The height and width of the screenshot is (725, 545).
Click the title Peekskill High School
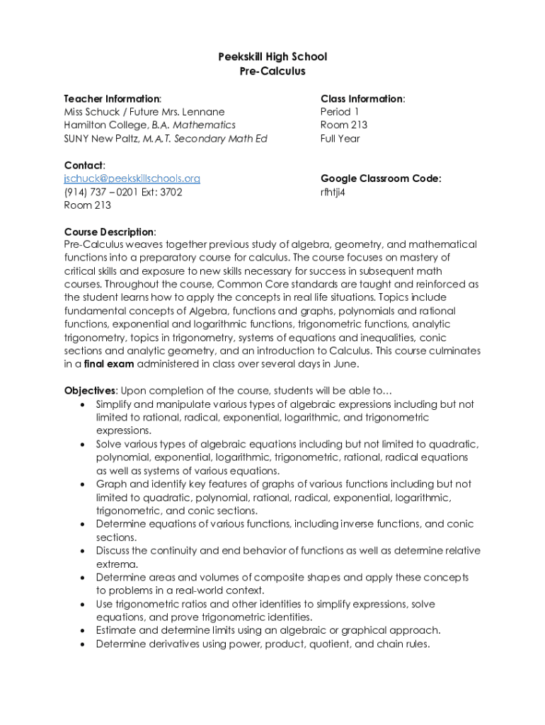(x=272, y=57)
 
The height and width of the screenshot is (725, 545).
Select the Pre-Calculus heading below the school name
(x=272, y=71)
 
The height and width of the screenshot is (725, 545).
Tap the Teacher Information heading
(x=112, y=98)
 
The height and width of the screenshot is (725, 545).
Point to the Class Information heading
(x=362, y=98)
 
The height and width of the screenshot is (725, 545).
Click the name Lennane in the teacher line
(x=203, y=112)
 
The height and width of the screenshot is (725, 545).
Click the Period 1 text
(x=340, y=112)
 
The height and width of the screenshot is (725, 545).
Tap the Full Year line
(x=340, y=139)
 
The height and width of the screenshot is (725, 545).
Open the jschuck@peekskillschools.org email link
(x=132, y=178)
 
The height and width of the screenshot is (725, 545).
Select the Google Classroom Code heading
(x=381, y=178)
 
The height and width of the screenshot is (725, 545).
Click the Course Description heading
(x=109, y=232)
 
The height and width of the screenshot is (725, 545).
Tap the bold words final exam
(x=109, y=365)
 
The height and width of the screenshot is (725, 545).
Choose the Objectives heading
(x=91, y=391)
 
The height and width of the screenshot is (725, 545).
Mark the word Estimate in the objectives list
(x=118, y=631)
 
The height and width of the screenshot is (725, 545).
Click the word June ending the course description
(x=345, y=365)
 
